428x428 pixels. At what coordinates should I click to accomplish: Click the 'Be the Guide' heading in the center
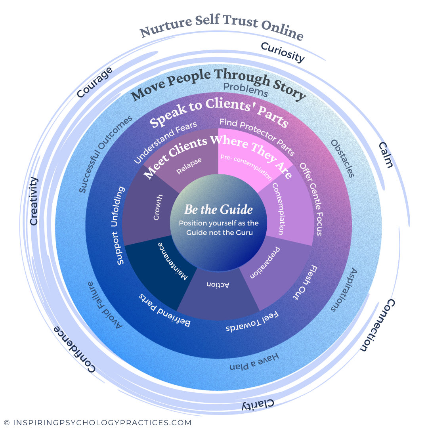click(218, 210)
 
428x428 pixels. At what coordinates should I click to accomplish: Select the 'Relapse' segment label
click(189, 166)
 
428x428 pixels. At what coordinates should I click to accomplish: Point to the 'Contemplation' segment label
click(277, 209)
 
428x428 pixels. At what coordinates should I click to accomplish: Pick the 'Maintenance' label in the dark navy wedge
click(173, 262)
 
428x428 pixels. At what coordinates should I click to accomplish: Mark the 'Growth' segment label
click(158, 207)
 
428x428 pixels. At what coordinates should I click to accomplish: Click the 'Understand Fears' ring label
click(165, 142)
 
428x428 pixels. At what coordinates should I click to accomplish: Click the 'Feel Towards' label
click(252, 323)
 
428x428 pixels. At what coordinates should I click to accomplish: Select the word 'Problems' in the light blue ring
click(246, 90)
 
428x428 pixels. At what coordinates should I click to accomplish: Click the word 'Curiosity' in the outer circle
click(282, 52)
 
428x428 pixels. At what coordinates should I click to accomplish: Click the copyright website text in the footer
click(97, 422)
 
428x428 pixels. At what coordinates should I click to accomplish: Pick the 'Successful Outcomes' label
click(105, 155)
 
